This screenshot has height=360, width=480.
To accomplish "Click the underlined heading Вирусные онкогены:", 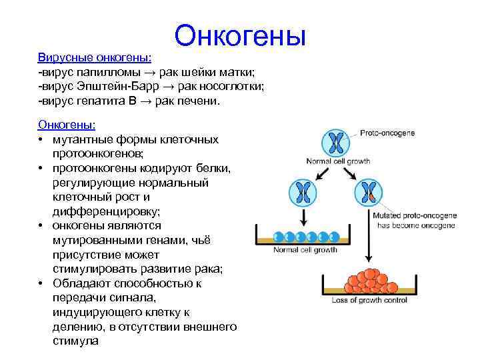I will [x=95, y=57].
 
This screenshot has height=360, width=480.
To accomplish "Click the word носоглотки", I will [x=233, y=87].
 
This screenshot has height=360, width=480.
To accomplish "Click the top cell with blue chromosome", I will [x=337, y=143].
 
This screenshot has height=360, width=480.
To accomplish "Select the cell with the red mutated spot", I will [x=369, y=193].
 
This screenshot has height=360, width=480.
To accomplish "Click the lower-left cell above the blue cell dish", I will [x=303, y=193].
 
